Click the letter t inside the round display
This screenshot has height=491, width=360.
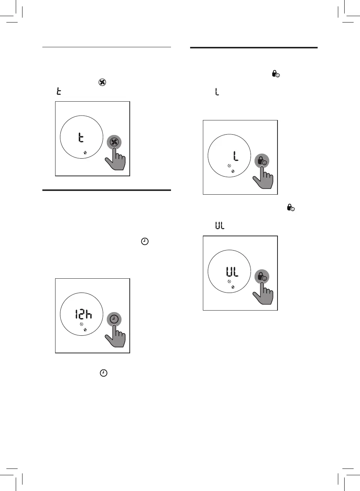point(81,137)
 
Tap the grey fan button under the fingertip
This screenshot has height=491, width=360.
point(114,142)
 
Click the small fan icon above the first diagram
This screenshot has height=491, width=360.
point(102,82)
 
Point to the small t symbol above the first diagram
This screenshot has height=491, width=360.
point(58,91)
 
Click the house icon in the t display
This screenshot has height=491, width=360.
point(85,153)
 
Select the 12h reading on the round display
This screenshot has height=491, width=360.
point(83,314)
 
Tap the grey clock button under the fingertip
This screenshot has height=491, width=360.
point(114,319)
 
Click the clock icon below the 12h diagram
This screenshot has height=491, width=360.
point(103,373)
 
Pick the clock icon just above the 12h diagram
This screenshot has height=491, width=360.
point(145,242)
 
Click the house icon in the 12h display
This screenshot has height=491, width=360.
point(85,330)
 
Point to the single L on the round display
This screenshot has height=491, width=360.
point(235,156)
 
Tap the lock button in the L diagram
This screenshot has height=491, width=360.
point(262,161)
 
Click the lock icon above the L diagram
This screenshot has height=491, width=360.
point(276,74)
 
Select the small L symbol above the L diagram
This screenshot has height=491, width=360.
point(217,92)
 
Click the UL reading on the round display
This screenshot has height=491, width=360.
point(232,272)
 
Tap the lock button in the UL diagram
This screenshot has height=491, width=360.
point(262,277)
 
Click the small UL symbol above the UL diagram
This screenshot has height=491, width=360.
point(220,225)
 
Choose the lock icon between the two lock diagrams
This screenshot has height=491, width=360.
point(291,207)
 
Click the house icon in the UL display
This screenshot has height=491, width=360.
point(233,287)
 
